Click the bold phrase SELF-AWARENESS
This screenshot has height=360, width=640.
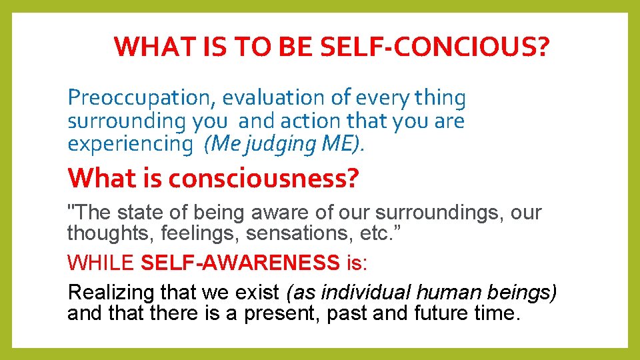coord(241,263)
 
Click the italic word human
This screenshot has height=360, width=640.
coord(447,293)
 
